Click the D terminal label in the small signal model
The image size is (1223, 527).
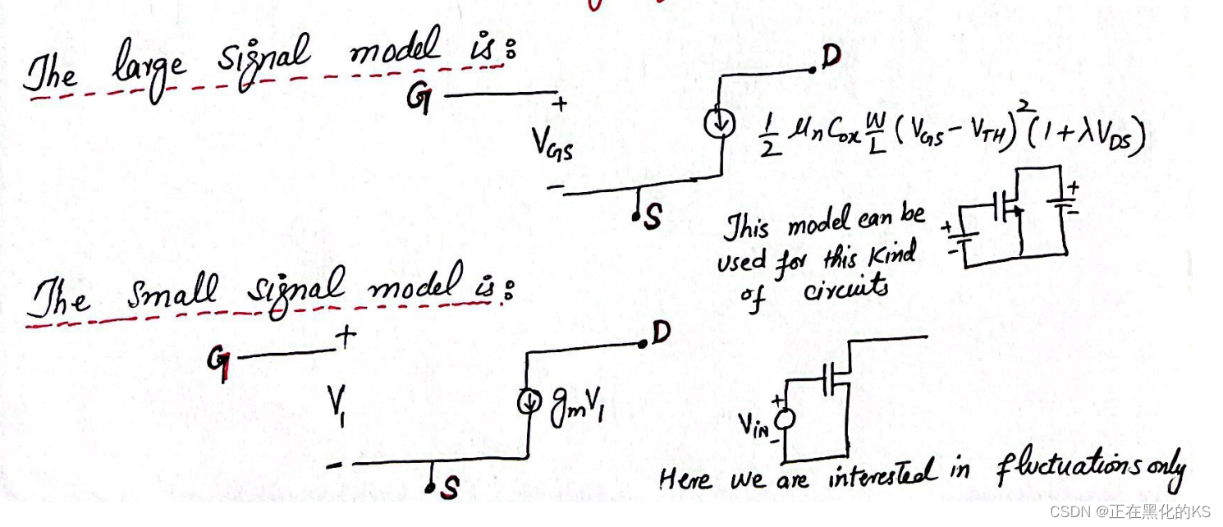click(x=661, y=332)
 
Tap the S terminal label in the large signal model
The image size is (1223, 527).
click(x=653, y=219)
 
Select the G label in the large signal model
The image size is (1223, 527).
click(x=419, y=99)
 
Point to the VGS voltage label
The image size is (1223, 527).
click(x=551, y=149)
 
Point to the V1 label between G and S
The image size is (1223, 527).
click(x=337, y=403)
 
